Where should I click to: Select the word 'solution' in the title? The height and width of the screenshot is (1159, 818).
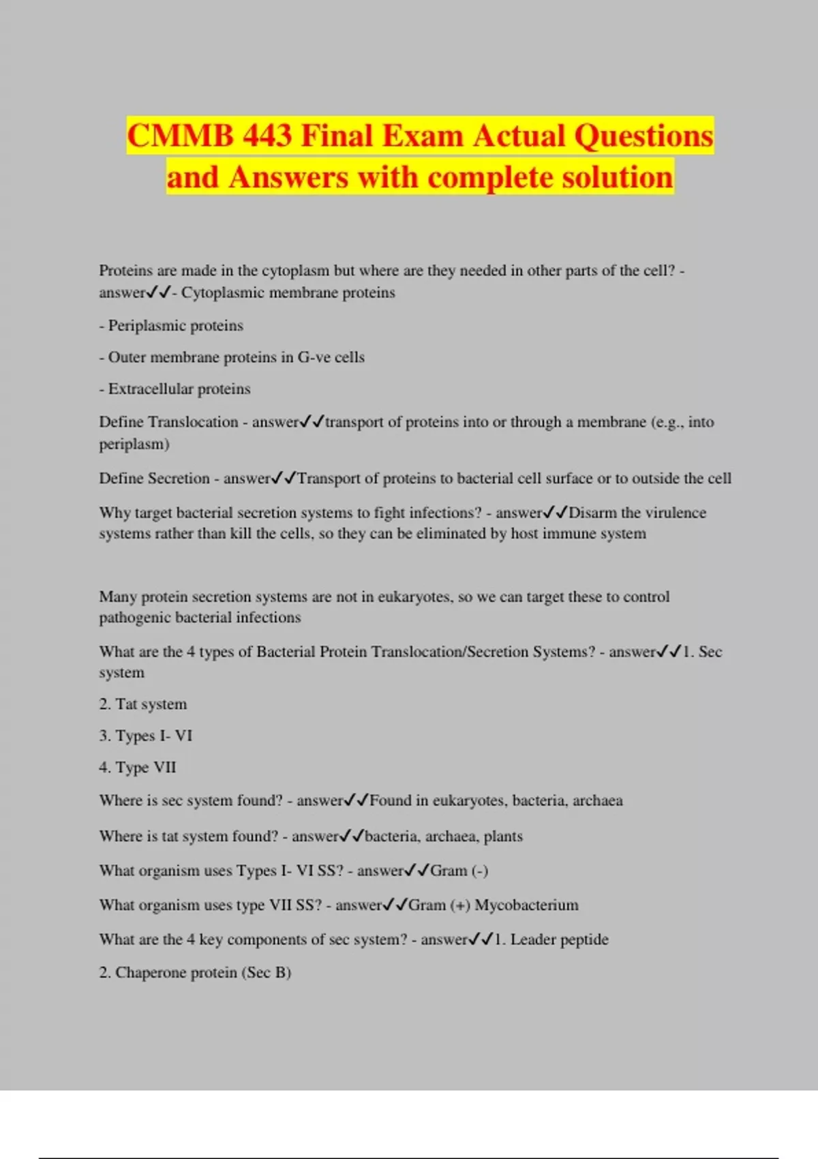[x=617, y=177]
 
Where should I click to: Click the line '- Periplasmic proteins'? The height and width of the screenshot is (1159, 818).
[x=171, y=325]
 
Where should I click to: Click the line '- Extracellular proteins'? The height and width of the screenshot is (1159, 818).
[x=175, y=389]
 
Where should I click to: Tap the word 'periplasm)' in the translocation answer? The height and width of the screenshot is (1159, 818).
[x=134, y=444]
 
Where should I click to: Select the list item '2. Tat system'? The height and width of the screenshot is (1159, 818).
[x=142, y=704]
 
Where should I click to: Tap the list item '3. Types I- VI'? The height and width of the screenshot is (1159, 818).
[x=145, y=736]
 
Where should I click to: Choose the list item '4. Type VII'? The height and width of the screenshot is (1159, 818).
[x=137, y=767]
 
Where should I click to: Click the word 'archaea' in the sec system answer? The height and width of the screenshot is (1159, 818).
[x=597, y=800]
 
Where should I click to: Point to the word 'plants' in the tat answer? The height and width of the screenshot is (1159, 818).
[x=503, y=837]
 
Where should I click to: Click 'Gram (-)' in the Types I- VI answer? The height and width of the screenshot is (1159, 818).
[x=459, y=871]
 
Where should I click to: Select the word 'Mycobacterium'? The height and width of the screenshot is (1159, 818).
[x=526, y=905]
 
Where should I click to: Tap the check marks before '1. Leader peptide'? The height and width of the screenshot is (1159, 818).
[x=481, y=939]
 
